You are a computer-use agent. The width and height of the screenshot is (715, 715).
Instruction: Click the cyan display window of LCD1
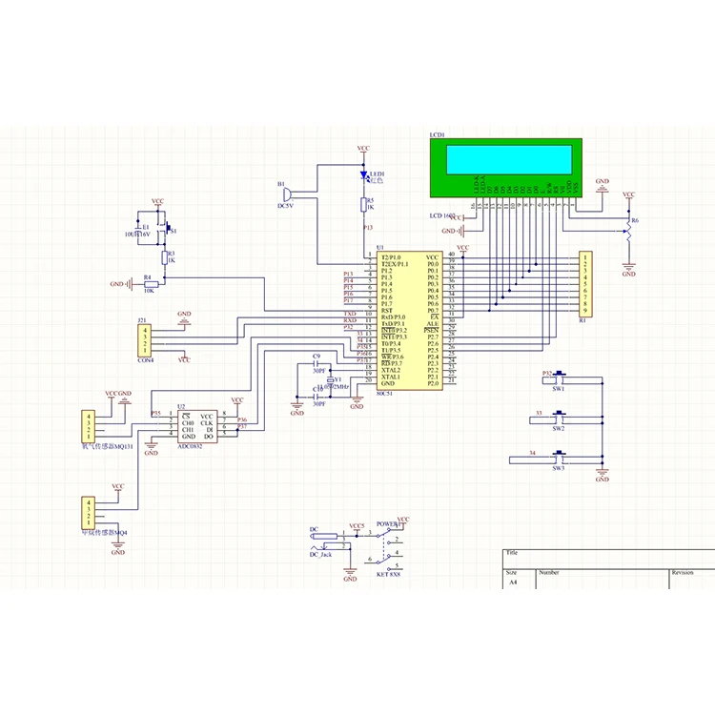pyautogui.click(x=509, y=157)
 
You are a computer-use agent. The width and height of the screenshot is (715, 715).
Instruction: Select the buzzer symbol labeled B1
pyautogui.click(x=285, y=194)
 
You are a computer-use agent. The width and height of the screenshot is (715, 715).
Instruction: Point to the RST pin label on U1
pyautogui.click(x=387, y=310)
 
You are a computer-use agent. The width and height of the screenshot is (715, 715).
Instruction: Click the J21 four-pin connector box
pyautogui.click(x=145, y=339)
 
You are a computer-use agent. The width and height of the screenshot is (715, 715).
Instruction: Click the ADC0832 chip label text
pyautogui.click(x=191, y=445)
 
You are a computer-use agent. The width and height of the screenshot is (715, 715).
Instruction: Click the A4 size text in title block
pyautogui.click(x=513, y=582)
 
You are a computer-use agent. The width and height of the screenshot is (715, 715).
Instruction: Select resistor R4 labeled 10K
pyautogui.click(x=149, y=284)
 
